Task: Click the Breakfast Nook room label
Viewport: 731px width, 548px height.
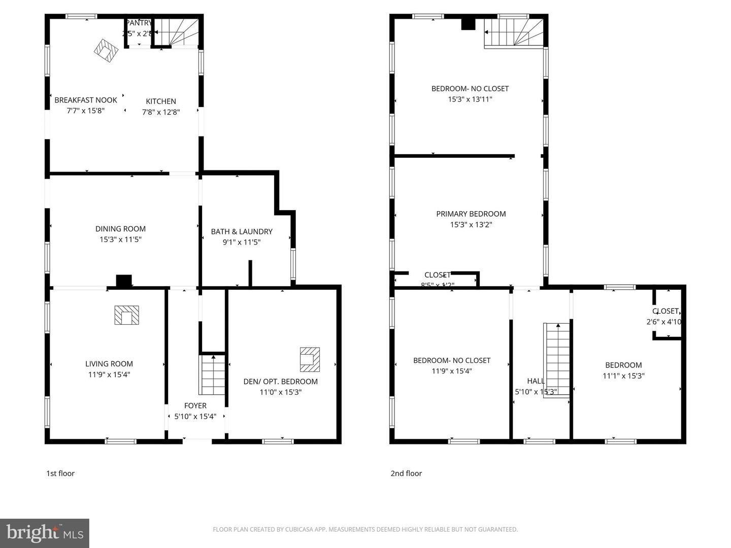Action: pyautogui.click(x=86, y=100)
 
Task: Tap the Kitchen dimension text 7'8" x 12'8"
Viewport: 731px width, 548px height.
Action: pyautogui.click(x=161, y=112)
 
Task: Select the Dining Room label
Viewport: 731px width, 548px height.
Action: pyautogui.click(x=120, y=229)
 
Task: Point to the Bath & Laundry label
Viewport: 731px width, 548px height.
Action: pyautogui.click(x=242, y=231)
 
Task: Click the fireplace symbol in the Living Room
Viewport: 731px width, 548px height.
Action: pyautogui.click(x=126, y=315)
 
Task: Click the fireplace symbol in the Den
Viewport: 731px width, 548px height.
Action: pyautogui.click(x=310, y=359)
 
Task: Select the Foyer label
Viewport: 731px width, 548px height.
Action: pyautogui.click(x=195, y=405)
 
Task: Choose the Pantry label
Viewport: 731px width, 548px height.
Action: pyautogui.click(x=139, y=23)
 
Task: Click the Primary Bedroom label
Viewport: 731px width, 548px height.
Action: pyautogui.click(x=471, y=214)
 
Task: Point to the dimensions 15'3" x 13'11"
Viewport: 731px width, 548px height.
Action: pyautogui.click(x=470, y=99)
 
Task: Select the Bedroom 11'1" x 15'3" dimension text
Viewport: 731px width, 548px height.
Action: pyautogui.click(x=623, y=376)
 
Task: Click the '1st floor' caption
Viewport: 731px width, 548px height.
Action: pyautogui.click(x=60, y=473)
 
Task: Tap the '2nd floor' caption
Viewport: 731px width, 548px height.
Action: pyautogui.click(x=406, y=473)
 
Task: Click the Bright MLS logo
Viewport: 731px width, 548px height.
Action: pyautogui.click(x=45, y=533)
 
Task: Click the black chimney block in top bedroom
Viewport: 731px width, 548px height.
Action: pyautogui.click(x=468, y=24)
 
